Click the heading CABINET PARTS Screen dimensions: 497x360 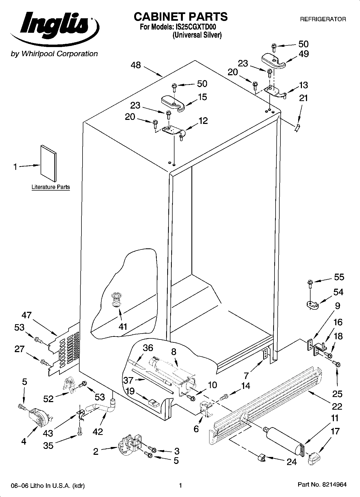181,17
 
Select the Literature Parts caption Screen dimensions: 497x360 51,187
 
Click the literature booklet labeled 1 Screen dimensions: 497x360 48,163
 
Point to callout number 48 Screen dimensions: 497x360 136,65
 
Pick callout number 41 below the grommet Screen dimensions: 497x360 123,327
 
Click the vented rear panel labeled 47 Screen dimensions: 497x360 65,349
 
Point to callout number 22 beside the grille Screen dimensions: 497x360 337,406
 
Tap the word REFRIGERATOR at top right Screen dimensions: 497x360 323,19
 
